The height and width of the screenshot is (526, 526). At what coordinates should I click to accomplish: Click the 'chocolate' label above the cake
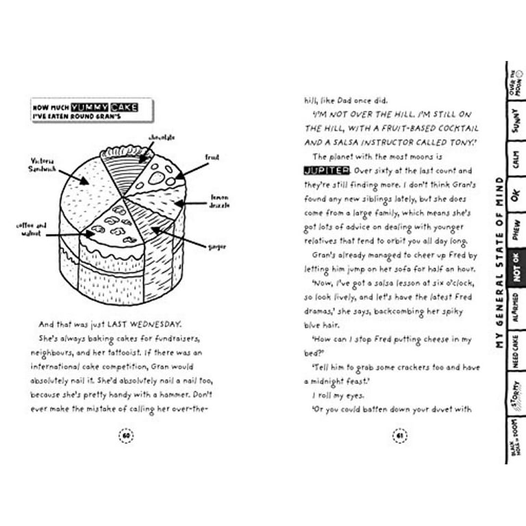point(162,138)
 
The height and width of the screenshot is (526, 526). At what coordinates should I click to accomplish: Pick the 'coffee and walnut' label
point(32,229)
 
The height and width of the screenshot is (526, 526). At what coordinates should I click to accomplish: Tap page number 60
point(125,436)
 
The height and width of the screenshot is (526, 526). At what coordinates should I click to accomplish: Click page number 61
point(399,436)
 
